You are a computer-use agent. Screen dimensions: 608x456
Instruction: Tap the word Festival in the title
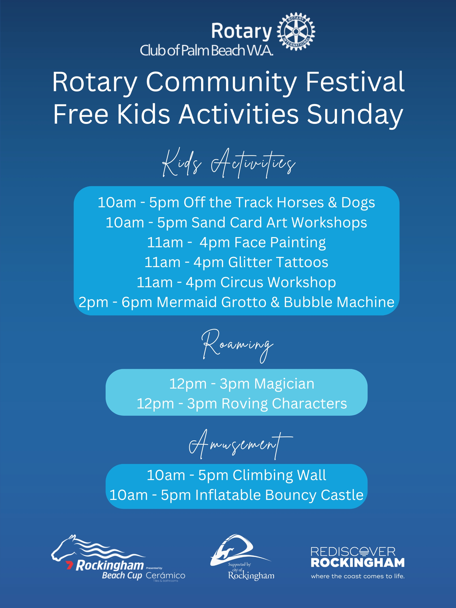[355, 82]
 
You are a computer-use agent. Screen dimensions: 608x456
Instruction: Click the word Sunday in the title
[355, 114]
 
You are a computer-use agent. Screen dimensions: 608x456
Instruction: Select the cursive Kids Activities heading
[229, 163]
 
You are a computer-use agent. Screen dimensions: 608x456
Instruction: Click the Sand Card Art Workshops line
[236, 222]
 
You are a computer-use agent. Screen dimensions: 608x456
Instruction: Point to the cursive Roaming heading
[237, 345]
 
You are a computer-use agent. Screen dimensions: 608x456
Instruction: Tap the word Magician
[284, 384]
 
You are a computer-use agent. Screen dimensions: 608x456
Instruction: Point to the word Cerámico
[165, 576]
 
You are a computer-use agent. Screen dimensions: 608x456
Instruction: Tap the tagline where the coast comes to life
[357, 576]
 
